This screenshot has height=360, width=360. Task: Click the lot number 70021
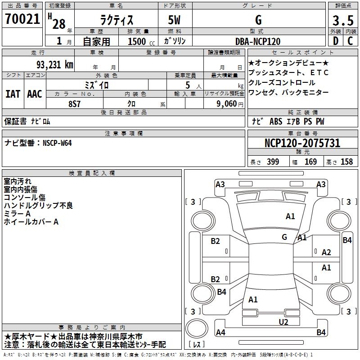22,19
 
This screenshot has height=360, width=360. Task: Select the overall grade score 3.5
343,20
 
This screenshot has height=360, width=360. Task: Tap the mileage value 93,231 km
55,65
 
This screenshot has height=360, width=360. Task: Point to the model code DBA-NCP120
258,41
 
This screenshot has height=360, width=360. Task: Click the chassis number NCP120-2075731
302,143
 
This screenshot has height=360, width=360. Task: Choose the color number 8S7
74,104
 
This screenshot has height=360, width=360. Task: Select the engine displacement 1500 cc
141,41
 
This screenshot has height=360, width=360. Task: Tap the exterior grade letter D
336,41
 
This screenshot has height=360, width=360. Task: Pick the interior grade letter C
350,41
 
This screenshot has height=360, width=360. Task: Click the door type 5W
174,20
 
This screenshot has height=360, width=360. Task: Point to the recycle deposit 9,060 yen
230,104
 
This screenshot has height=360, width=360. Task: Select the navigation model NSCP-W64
57,143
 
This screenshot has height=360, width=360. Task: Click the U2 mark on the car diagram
283,322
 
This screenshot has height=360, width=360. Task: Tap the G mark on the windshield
284,237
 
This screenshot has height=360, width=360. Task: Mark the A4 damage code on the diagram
220,332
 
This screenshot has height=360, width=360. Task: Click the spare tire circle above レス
197,328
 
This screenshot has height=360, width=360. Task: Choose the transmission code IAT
13,94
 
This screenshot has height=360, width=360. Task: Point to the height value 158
346,162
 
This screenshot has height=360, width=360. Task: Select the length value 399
273,162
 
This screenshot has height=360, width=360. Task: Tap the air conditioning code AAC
35,94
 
